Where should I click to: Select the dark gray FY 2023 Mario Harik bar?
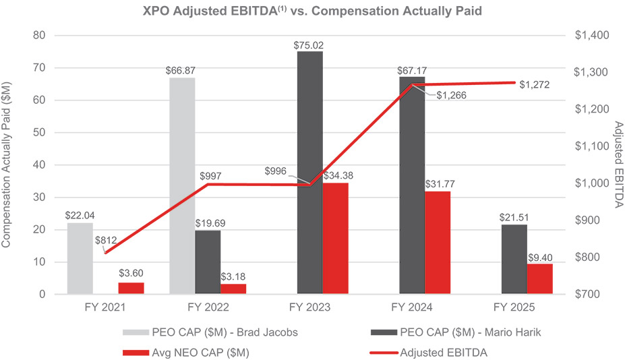(x=309, y=173)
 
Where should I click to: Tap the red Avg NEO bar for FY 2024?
(x=438, y=243)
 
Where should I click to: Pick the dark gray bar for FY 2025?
(x=514, y=260)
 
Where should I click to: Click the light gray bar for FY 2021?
(x=80, y=258)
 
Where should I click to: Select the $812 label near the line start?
(x=106, y=239)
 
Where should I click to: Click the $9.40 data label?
(x=539, y=257)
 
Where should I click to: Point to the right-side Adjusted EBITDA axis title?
(x=618, y=165)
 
